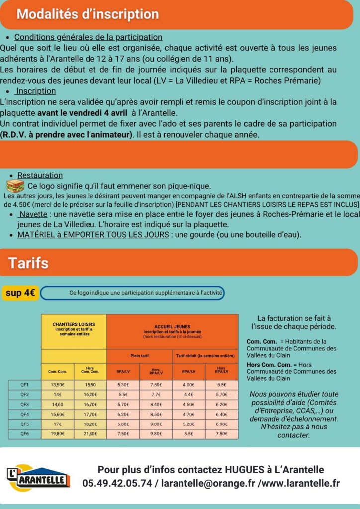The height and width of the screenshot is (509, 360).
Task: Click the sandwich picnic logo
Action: [x=15, y=186]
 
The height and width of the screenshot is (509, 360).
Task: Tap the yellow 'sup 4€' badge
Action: [x=20, y=293]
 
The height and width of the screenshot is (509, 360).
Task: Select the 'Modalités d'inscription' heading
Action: [x=88, y=14]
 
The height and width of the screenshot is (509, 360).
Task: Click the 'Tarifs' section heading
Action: [x=28, y=262]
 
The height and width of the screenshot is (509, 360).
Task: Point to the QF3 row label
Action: [x=24, y=405]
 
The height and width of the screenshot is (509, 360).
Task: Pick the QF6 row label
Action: [x=24, y=433]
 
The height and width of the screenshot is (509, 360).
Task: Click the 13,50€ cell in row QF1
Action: [x=58, y=385]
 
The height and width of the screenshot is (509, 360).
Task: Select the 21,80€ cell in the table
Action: [x=90, y=433]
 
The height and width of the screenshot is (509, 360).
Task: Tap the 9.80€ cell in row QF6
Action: [x=156, y=433]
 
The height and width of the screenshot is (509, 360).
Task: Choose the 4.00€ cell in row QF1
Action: [x=189, y=385]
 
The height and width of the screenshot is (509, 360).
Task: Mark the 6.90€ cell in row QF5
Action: [x=222, y=424]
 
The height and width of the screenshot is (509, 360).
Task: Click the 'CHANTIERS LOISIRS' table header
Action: [x=74, y=326]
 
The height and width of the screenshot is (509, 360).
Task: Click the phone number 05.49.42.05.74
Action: [x=117, y=483]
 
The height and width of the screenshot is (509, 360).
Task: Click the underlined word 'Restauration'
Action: [x=40, y=175]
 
